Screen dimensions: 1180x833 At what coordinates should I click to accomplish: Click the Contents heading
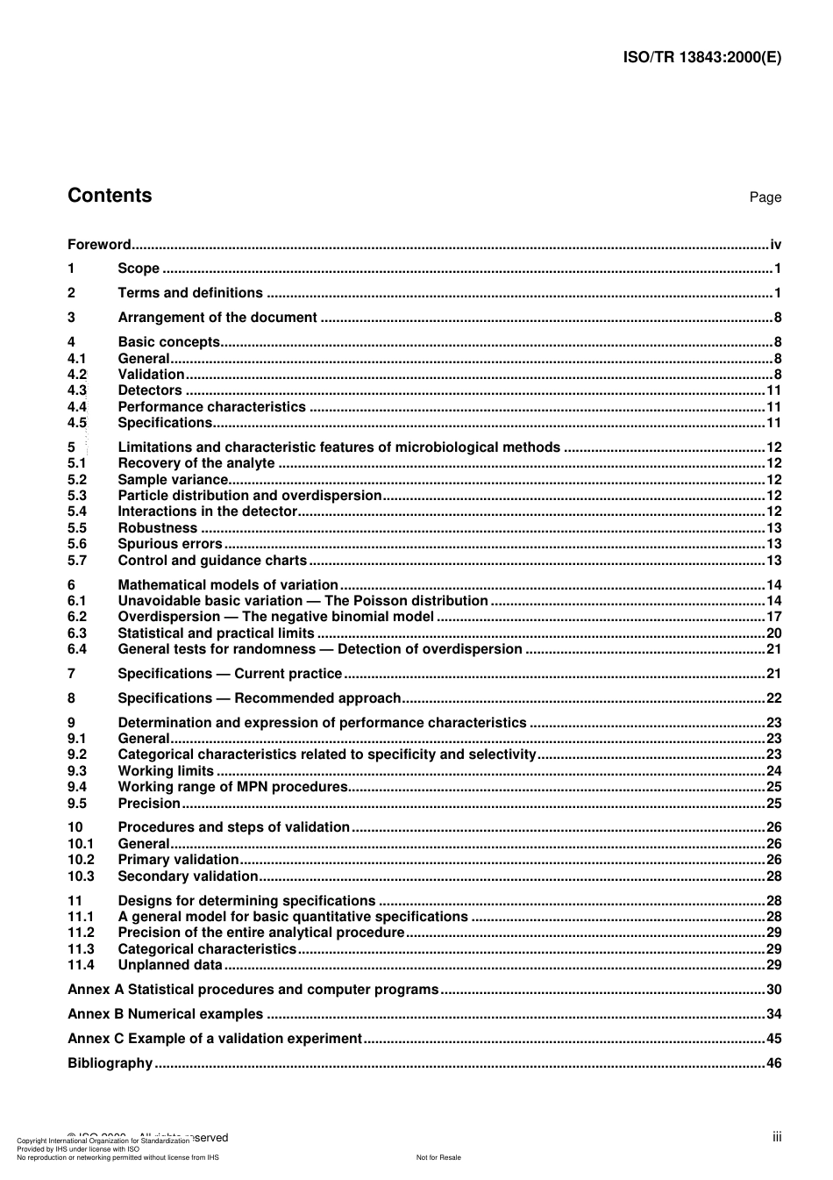point(110,196)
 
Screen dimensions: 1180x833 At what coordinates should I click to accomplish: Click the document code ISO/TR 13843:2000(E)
point(701,58)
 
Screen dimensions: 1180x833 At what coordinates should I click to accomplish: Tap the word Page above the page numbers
point(765,197)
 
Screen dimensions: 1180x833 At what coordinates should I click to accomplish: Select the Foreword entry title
point(99,245)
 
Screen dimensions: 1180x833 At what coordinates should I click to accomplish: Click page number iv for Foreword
point(775,245)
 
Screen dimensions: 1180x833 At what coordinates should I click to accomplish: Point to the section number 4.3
point(77,390)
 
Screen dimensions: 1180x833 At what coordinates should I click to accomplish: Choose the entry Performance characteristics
point(211,407)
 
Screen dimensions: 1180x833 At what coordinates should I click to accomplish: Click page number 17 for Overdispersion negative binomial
point(773,617)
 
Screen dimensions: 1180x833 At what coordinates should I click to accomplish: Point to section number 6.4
point(77,649)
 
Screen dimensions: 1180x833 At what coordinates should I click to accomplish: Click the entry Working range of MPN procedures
point(232,787)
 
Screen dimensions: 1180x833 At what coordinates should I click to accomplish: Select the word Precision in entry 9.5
point(149,804)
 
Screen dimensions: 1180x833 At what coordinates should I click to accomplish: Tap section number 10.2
point(81,860)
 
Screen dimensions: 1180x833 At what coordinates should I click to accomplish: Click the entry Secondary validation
point(188,876)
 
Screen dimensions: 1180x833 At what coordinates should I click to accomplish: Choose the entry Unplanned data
point(170,965)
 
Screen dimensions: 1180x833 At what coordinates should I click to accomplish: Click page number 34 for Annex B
point(773,1014)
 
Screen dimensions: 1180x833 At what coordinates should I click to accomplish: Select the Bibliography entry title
point(110,1063)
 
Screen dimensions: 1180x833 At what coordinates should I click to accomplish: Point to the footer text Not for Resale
point(438,1157)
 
